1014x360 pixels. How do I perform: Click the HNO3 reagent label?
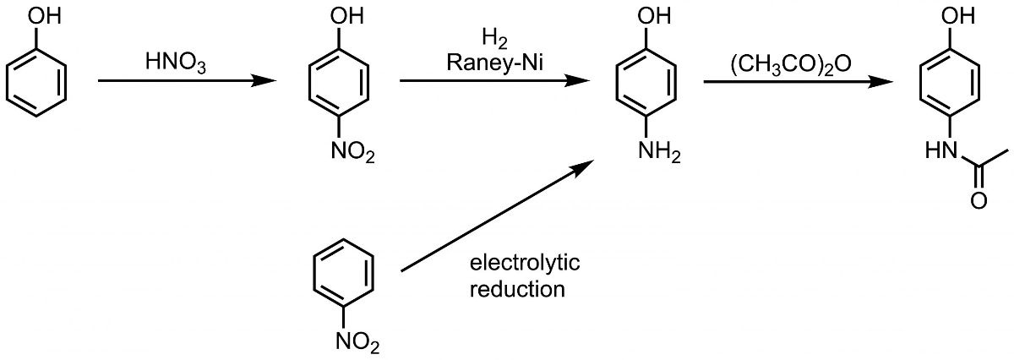(177, 62)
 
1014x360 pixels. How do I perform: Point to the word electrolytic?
(524, 264)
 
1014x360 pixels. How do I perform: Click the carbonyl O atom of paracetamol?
(979, 201)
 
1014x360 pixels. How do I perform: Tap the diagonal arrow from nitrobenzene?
(494, 217)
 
